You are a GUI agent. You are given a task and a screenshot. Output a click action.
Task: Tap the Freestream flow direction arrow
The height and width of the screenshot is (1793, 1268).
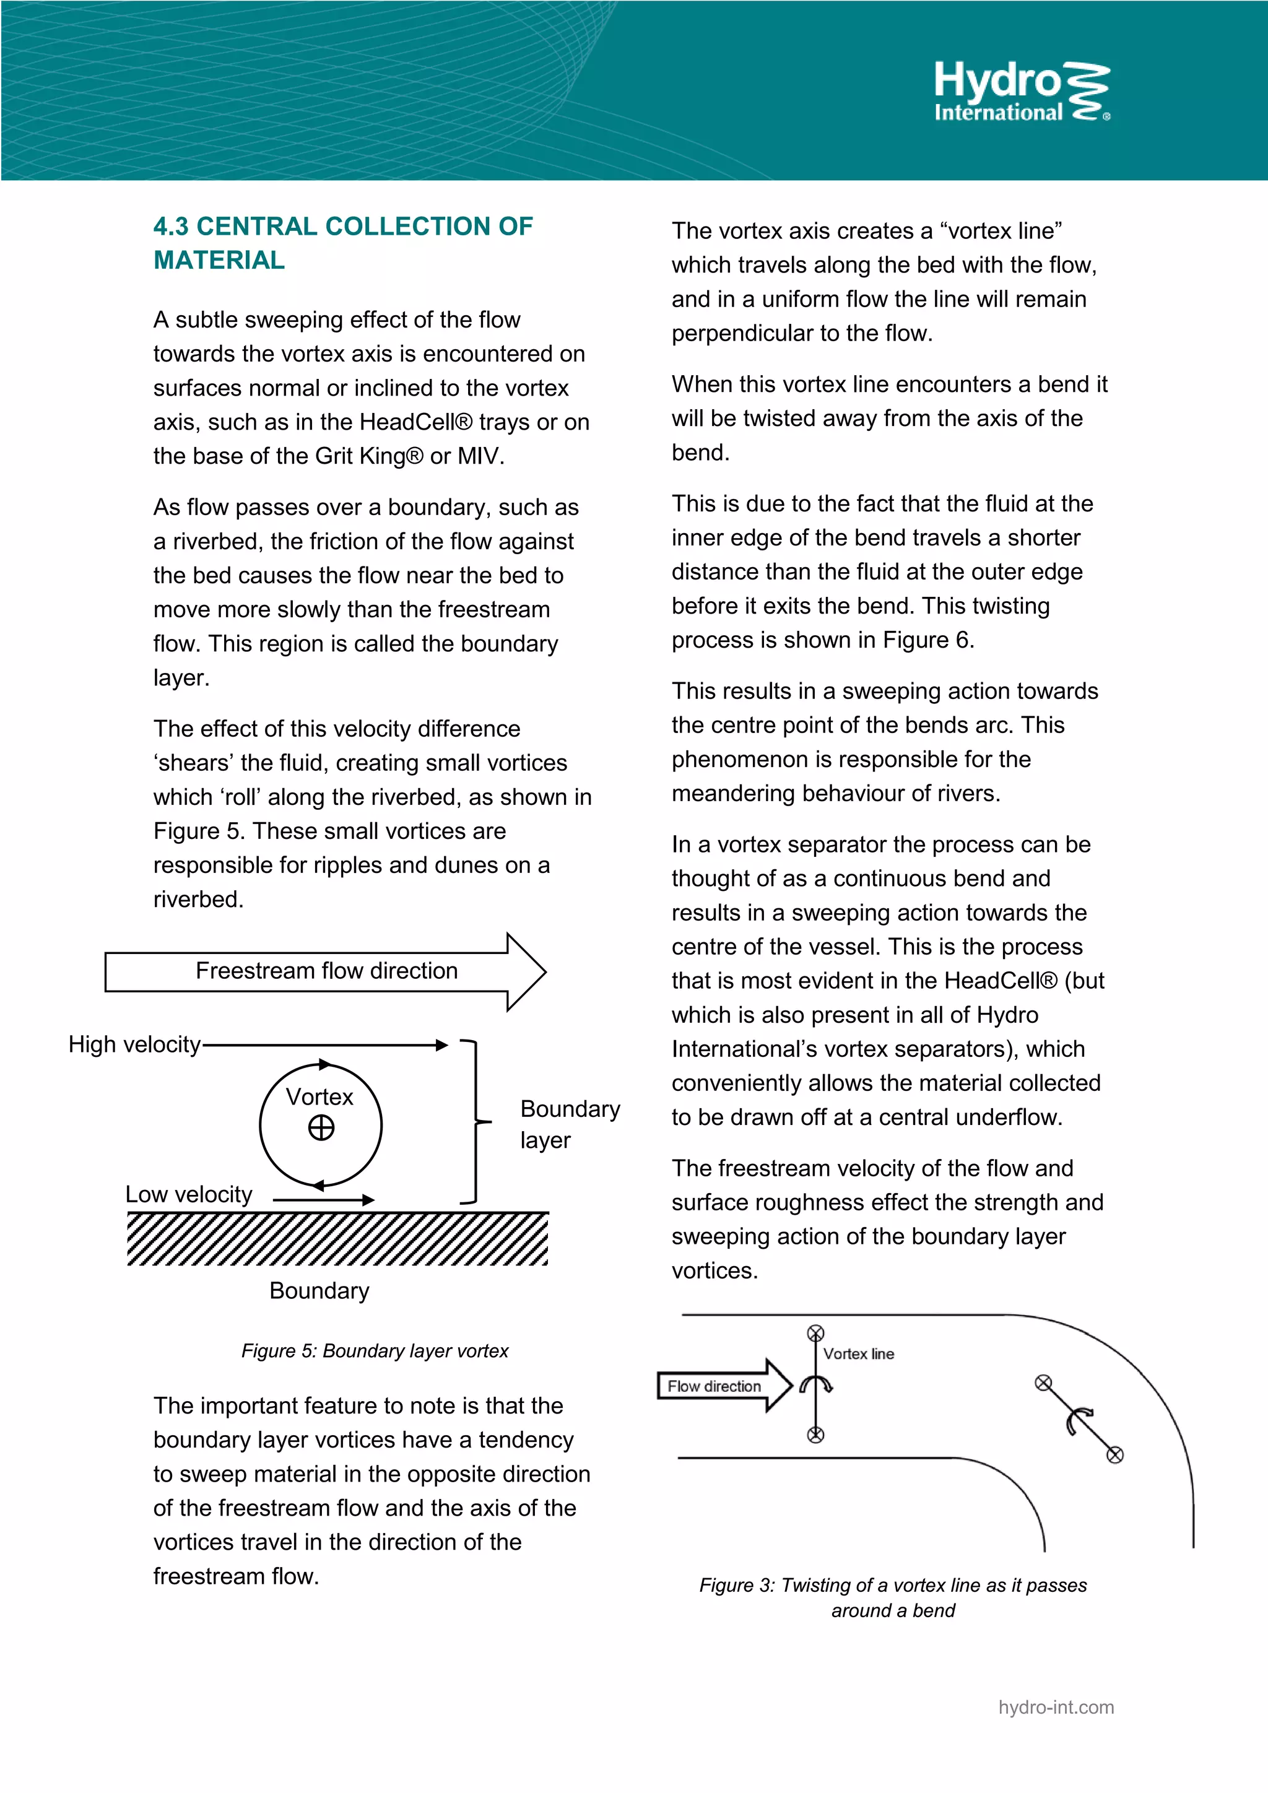(326, 971)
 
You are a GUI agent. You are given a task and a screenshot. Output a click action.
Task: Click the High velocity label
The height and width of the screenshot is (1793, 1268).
(134, 1045)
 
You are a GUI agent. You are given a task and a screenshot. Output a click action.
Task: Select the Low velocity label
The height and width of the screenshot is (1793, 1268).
(188, 1195)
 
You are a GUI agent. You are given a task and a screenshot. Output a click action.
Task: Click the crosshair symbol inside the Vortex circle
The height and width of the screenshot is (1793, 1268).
(321, 1127)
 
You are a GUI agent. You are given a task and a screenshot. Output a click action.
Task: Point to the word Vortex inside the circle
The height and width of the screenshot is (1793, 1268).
(319, 1097)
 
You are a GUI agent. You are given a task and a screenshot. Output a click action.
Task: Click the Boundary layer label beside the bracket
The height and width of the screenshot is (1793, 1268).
(569, 1124)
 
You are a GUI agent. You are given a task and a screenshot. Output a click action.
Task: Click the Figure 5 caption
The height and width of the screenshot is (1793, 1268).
(375, 1351)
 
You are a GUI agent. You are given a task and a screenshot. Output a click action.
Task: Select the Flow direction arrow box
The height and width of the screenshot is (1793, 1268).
(714, 1386)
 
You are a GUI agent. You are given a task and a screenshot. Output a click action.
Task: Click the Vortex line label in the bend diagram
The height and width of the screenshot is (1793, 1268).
(859, 1354)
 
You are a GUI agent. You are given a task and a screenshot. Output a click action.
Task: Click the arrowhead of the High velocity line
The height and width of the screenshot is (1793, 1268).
(442, 1045)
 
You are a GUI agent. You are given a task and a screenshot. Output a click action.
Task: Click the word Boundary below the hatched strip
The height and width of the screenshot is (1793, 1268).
(319, 1291)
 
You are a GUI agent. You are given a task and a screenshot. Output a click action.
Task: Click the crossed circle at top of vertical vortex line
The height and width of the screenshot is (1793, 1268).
(815, 1333)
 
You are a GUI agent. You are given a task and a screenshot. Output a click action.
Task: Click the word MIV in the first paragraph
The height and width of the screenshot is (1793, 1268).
(478, 456)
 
